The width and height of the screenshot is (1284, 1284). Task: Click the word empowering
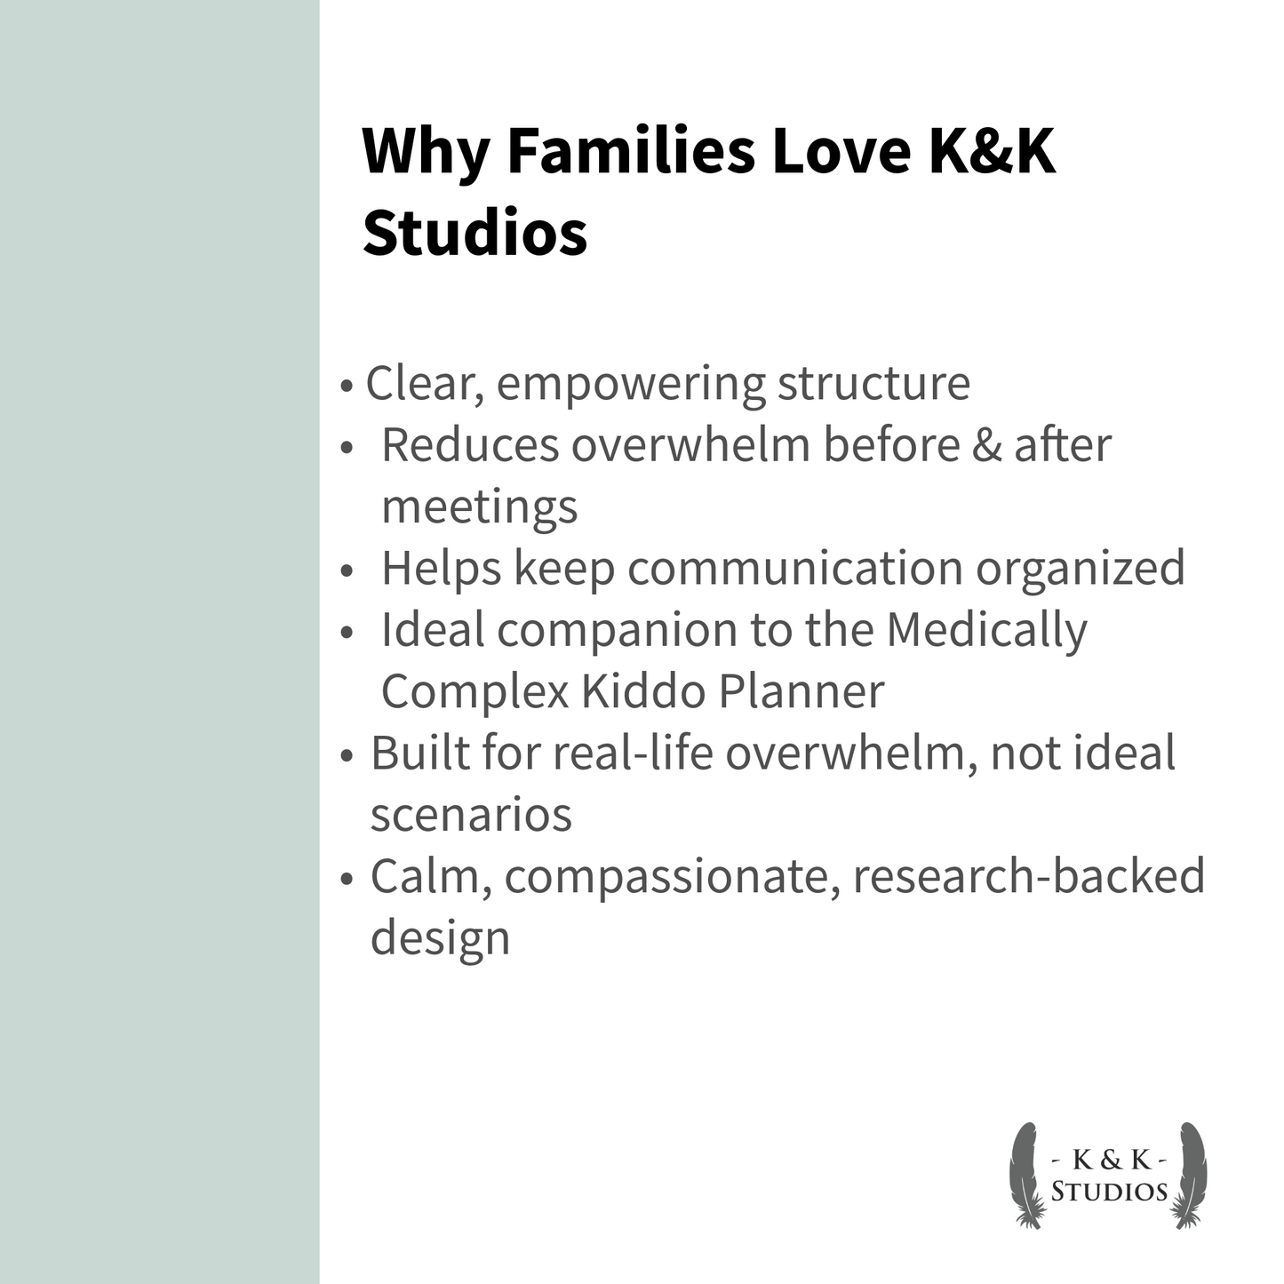[x=630, y=384]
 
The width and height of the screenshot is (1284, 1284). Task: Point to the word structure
[x=873, y=384]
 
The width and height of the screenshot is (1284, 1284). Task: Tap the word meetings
[x=479, y=506]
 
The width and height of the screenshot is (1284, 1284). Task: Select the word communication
[x=794, y=568]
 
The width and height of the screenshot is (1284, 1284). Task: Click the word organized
[x=1081, y=568]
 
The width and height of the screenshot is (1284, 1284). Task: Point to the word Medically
[x=986, y=630]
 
